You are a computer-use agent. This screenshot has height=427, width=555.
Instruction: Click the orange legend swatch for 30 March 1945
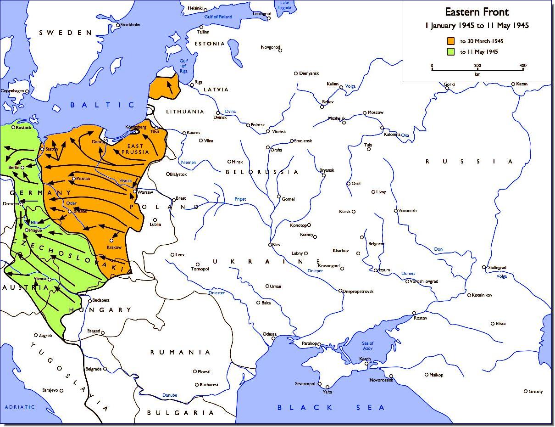[x=452, y=41]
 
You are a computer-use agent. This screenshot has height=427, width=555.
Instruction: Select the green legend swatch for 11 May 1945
[x=452, y=51]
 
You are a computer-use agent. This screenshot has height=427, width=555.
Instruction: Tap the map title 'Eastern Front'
[x=477, y=12]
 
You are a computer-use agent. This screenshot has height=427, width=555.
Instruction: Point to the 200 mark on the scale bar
[x=477, y=65]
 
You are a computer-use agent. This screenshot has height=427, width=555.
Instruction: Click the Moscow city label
[x=376, y=112]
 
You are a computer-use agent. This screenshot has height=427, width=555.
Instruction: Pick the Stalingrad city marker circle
[x=484, y=267]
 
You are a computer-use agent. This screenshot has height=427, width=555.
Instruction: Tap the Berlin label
[x=14, y=168]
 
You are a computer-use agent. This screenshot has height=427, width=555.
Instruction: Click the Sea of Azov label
[x=368, y=346]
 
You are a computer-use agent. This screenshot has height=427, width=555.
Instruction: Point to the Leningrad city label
[x=262, y=14]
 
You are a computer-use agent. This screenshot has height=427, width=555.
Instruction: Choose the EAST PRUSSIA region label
[x=135, y=148]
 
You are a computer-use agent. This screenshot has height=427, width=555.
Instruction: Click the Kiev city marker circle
[x=271, y=244]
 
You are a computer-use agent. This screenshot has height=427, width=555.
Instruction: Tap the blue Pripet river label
[x=240, y=199]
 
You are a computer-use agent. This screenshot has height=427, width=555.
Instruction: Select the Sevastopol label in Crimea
[x=305, y=383]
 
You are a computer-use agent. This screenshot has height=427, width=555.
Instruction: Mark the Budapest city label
[x=100, y=300]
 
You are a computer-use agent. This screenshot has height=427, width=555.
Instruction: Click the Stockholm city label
[x=130, y=25]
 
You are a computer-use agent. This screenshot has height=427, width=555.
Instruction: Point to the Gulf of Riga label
[x=183, y=66]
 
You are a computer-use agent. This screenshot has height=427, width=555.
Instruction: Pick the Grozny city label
[x=535, y=392]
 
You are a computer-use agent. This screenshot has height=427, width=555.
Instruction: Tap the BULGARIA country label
[x=180, y=413]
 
